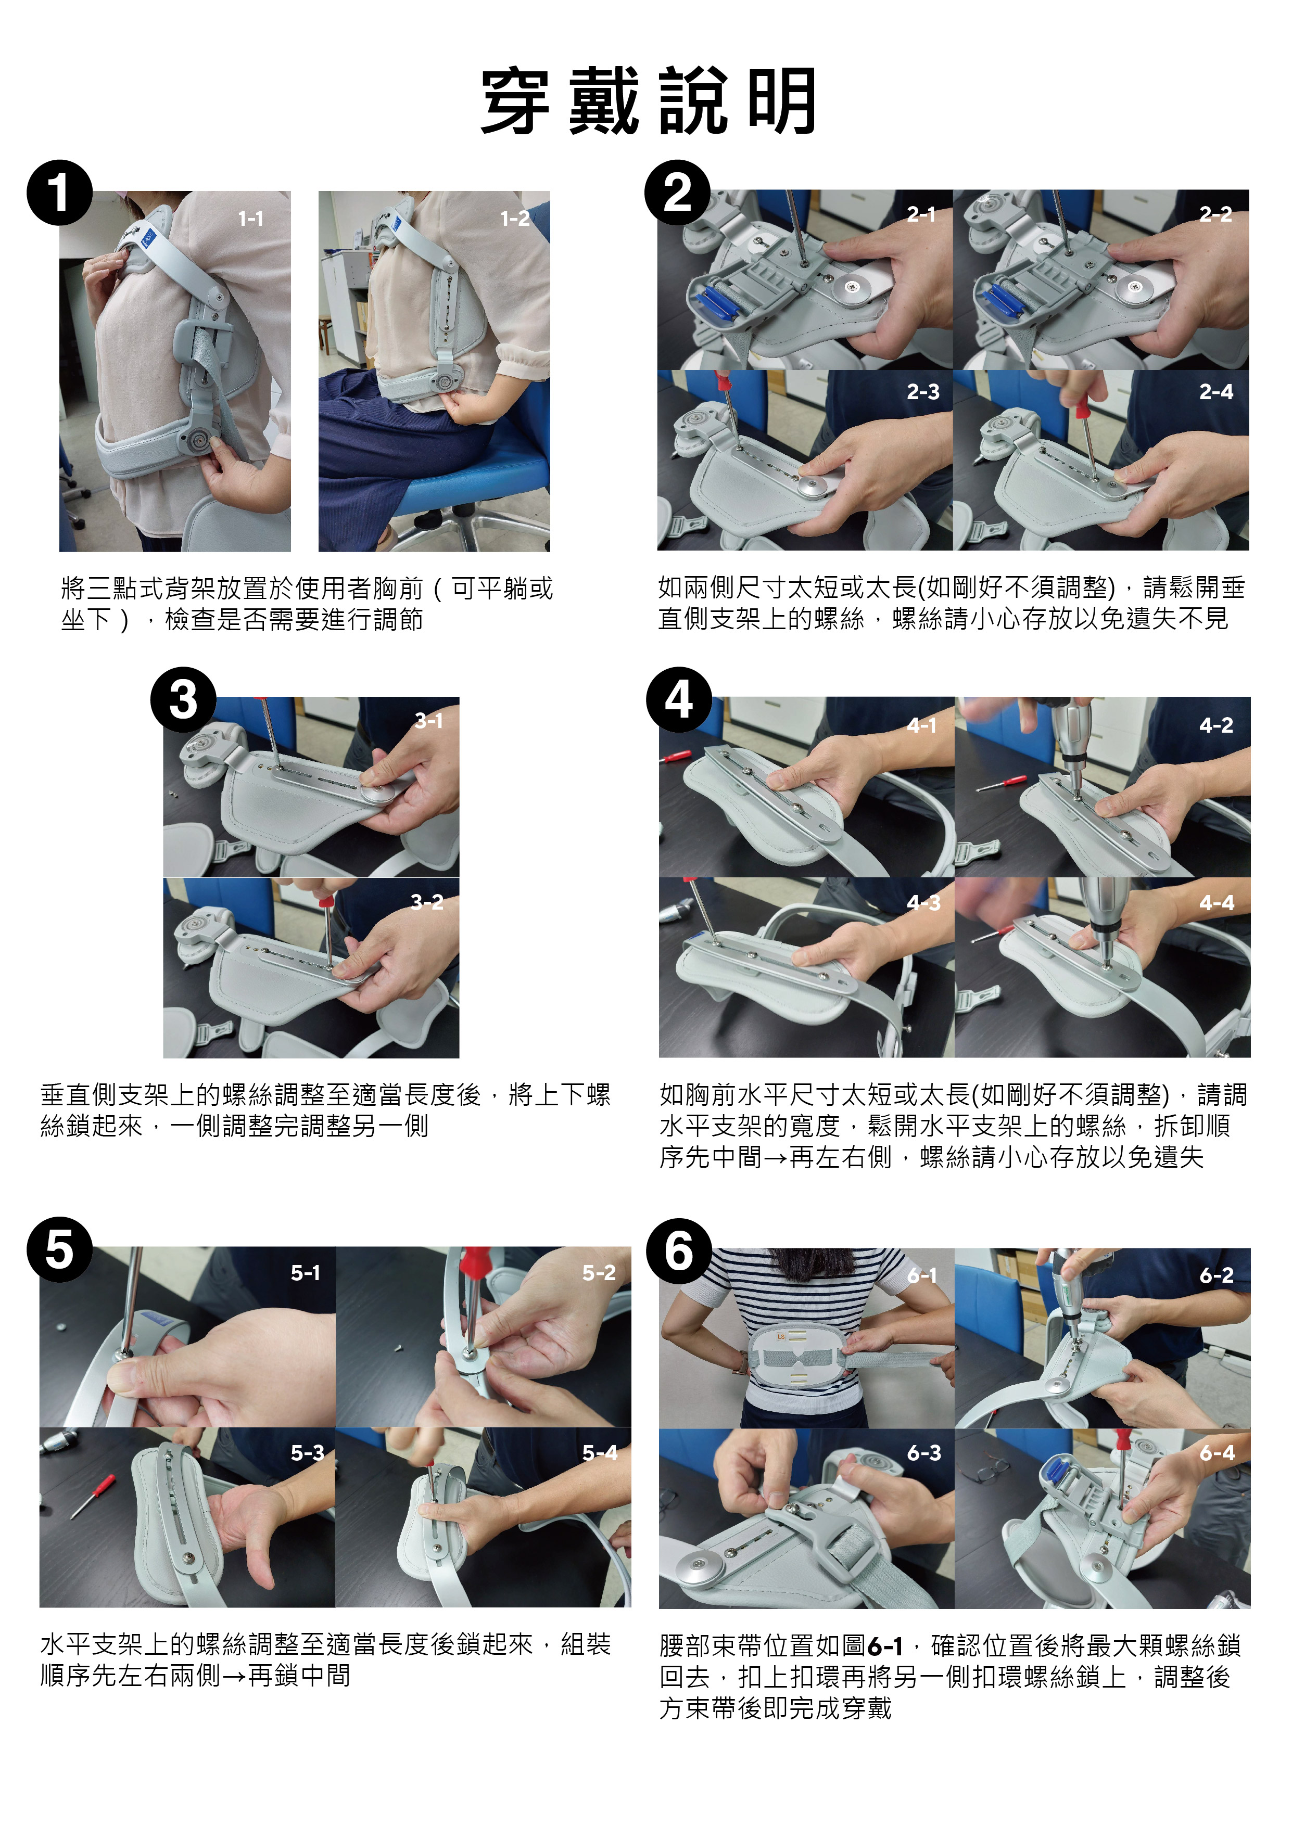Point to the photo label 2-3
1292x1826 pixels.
tap(923, 392)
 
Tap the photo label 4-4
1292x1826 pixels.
tap(1217, 903)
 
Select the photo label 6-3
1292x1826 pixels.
tap(923, 1453)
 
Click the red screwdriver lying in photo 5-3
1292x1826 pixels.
tap(93, 1495)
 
